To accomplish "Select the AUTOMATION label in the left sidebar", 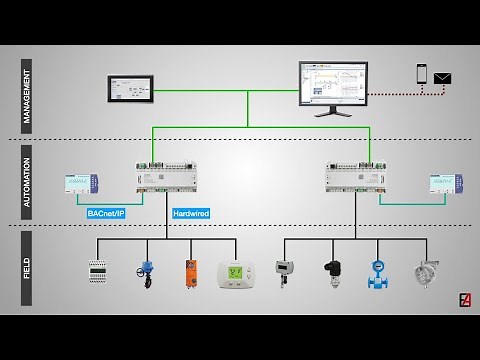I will pyautogui.click(x=27, y=183).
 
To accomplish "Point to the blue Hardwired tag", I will pyautogui.click(x=190, y=213).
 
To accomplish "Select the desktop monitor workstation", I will pyautogui.click(x=333, y=87).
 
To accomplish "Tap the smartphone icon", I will pyautogui.click(x=421, y=75).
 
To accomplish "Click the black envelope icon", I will pyautogui.click(x=443, y=77).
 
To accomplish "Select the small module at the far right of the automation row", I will pyautogui.click(x=443, y=185).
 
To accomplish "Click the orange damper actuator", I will pyautogui.click(x=191, y=273).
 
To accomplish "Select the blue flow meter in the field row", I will pyautogui.click(x=378, y=273).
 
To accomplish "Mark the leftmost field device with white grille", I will pyautogui.click(x=97, y=273).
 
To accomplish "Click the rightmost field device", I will pyautogui.click(x=424, y=273).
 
